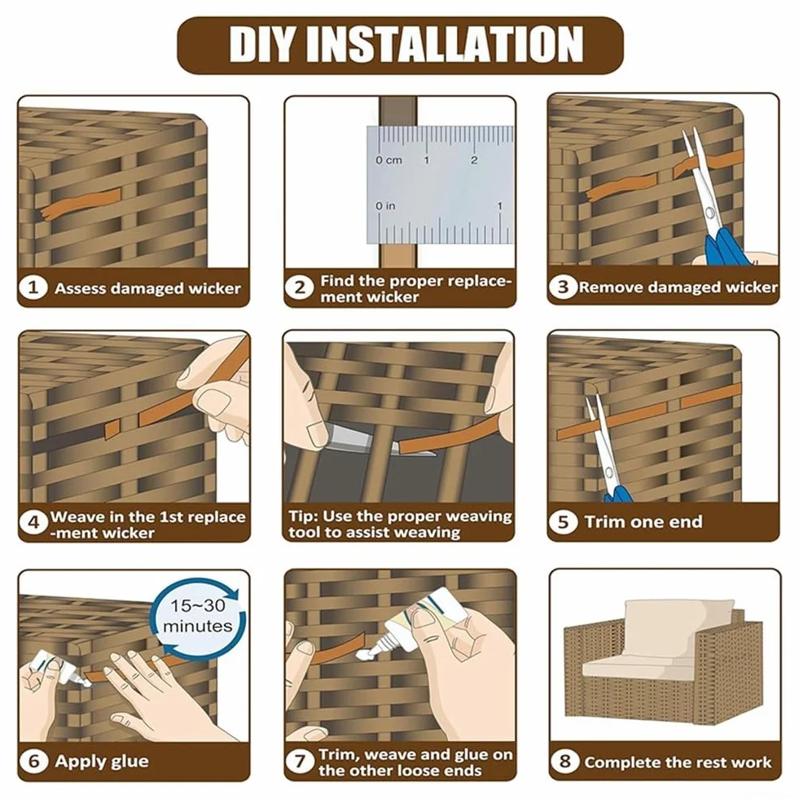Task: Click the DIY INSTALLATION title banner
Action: tap(400, 46)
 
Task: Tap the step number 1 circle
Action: tap(33, 288)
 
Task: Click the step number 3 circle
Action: tap(563, 287)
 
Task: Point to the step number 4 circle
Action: tap(33, 522)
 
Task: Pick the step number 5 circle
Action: tap(563, 522)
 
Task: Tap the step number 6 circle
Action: tap(33, 762)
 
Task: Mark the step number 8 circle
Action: tap(564, 762)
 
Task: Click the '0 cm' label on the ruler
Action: tap(389, 160)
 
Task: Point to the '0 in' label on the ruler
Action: tap(385, 206)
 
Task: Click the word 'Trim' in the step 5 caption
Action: tap(602, 522)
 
